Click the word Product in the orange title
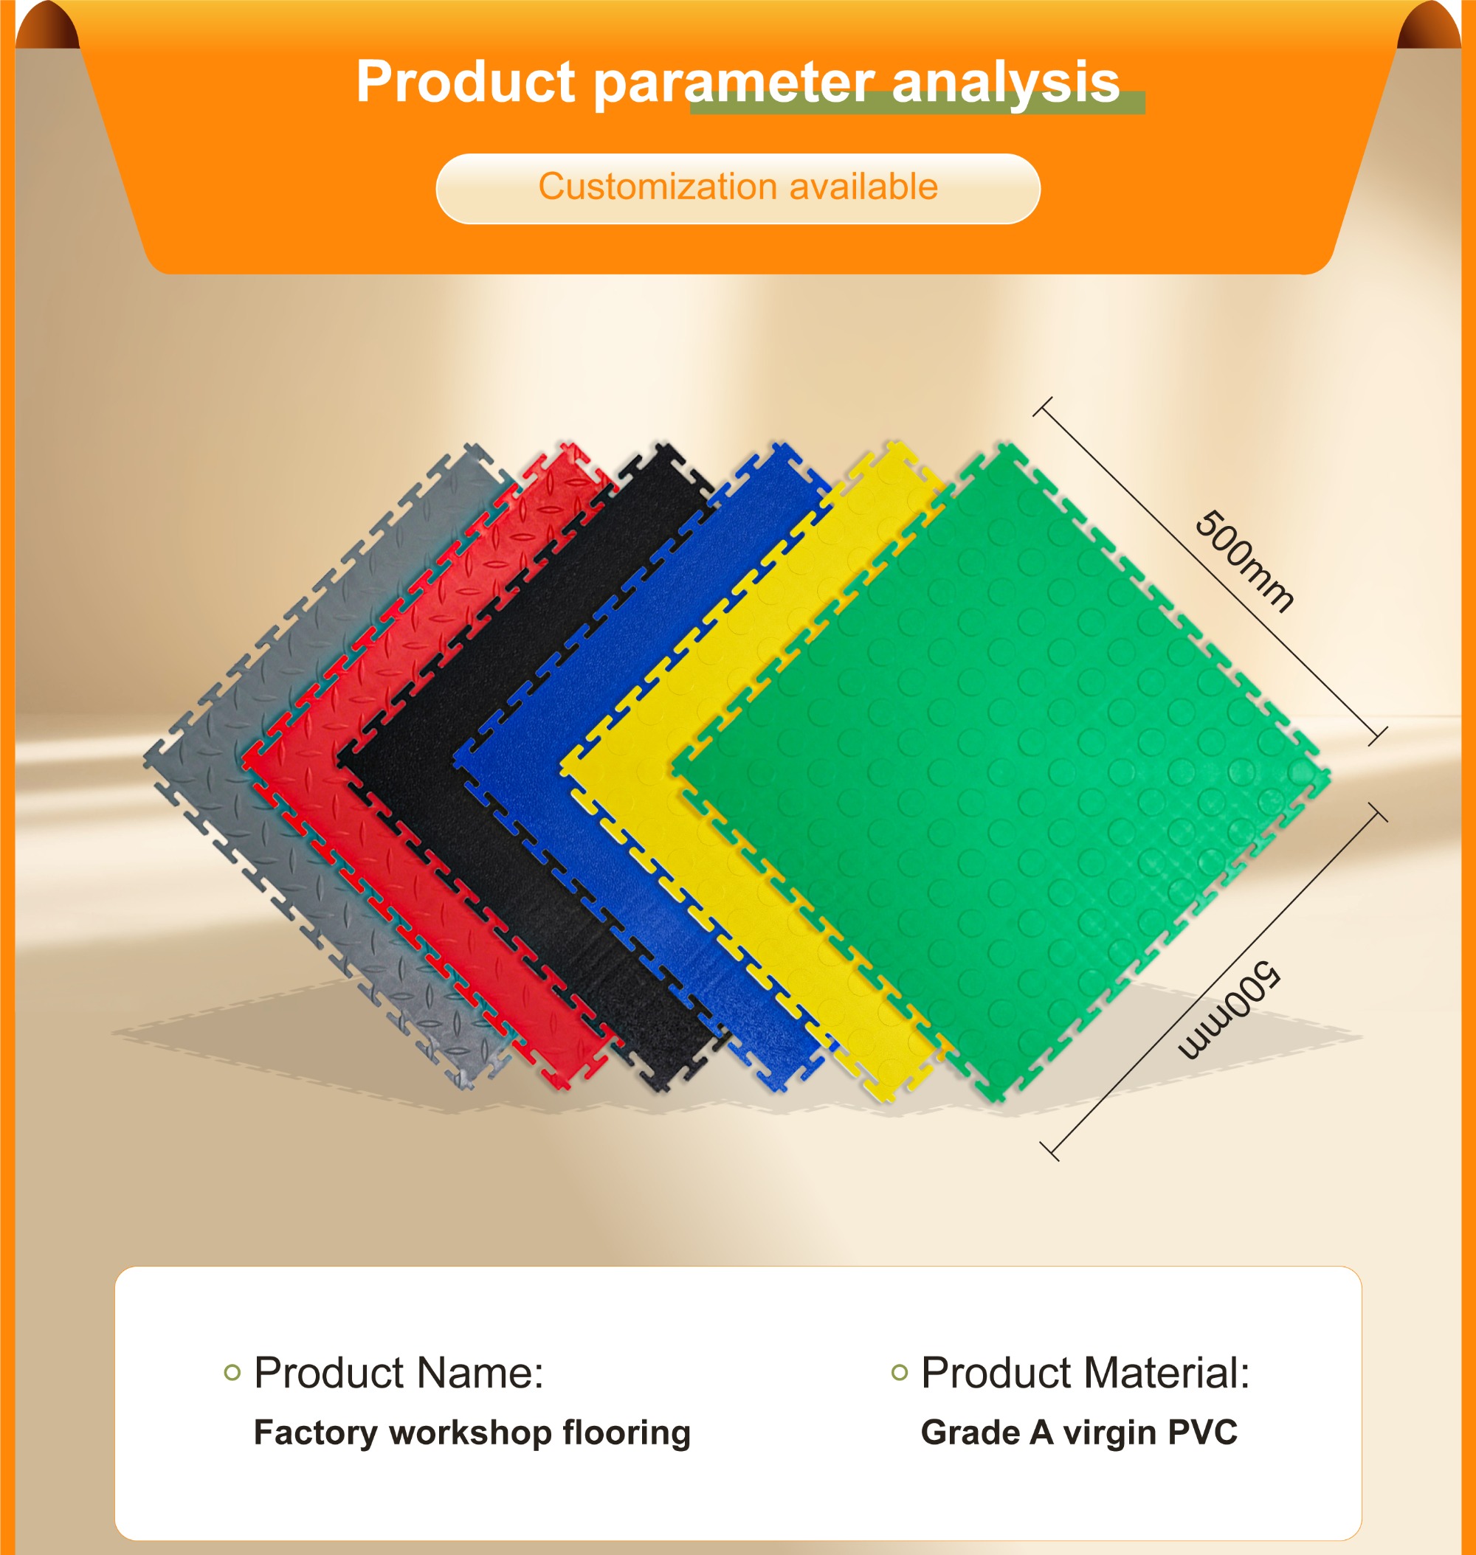(x=466, y=81)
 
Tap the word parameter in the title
(x=734, y=83)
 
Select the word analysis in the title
(x=1005, y=83)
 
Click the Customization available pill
(x=738, y=189)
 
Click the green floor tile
(x=999, y=771)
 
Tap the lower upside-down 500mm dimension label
(x=1230, y=1009)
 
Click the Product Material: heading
(x=1085, y=1374)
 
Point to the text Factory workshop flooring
(x=472, y=1433)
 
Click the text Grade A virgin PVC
(x=1079, y=1433)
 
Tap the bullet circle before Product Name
(x=232, y=1373)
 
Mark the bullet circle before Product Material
(x=900, y=1373)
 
